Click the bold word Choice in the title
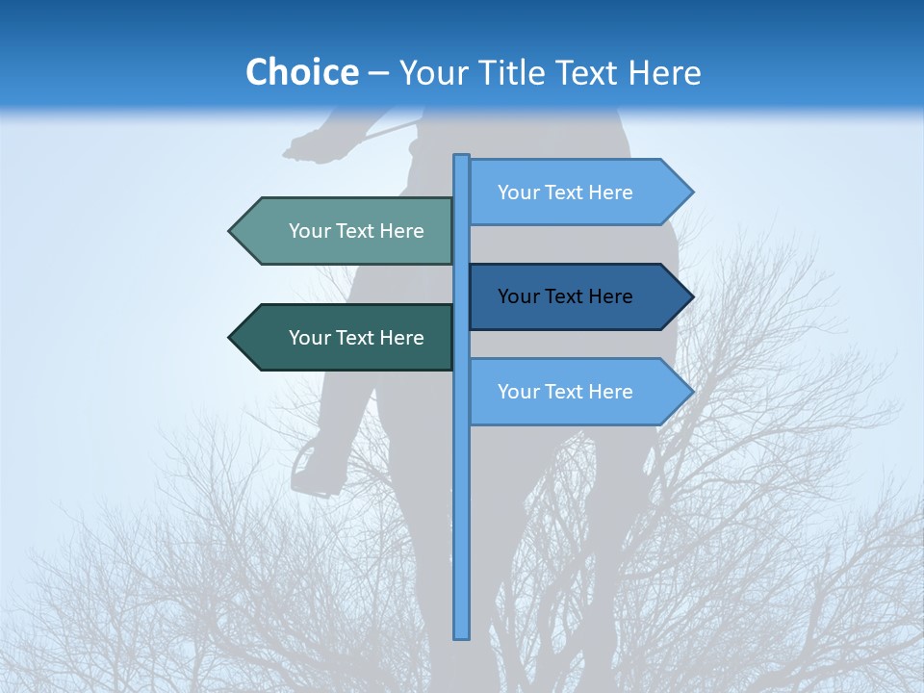coord(301,72)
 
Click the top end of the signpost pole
coord(461,158)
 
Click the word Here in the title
coord(664,72)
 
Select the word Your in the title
coord(431,72)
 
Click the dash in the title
coord(378,72)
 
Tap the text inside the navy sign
coord(565,296)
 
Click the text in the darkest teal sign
coord(356,338)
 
